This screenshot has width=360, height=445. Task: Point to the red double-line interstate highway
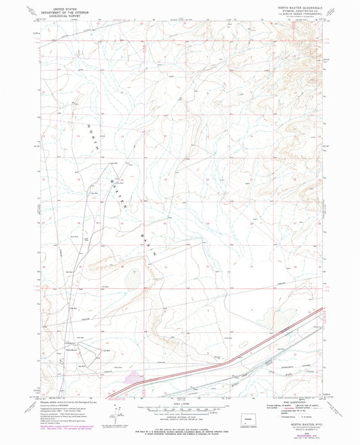(223, 359)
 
